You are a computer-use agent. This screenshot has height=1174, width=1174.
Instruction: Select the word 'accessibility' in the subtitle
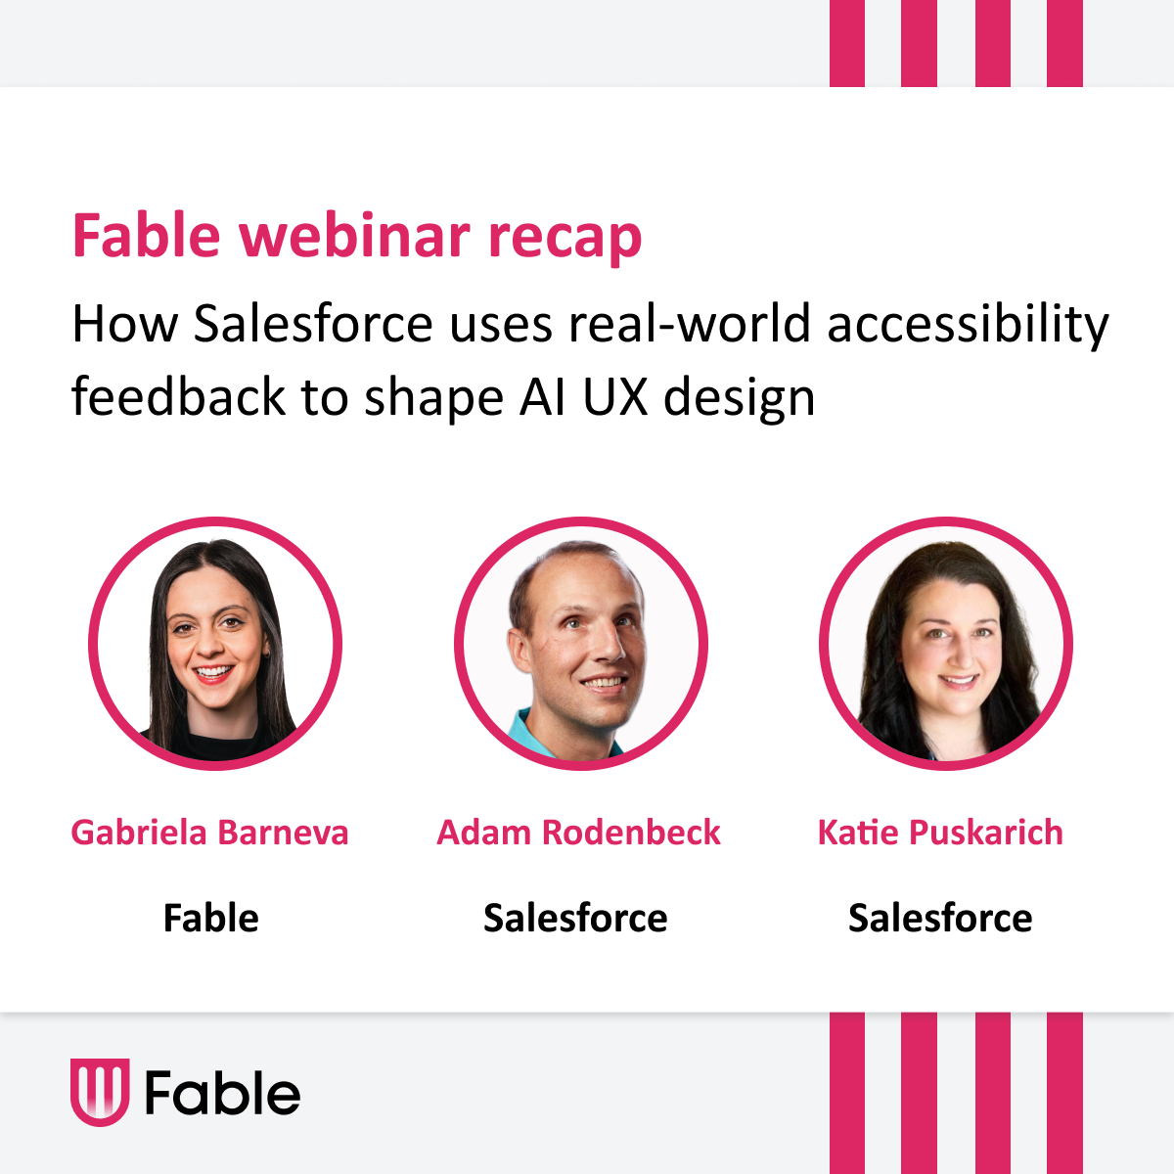coord(968,325)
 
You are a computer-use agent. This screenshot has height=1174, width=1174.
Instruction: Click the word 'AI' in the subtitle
coord(540,397)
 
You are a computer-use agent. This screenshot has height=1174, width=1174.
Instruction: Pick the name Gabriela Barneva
coord(209,833)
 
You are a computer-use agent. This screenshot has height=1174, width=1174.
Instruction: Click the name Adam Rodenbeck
coord(578,833)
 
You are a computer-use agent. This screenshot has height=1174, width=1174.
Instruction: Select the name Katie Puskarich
coord(940,833)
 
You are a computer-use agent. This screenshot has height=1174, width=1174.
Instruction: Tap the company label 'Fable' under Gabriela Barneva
coord(210,919)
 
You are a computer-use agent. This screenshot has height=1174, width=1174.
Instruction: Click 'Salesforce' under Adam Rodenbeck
coord(575,919)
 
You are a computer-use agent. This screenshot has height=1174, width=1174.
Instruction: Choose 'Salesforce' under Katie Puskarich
coord(940,919)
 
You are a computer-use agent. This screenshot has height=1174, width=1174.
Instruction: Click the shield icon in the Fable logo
coord(100,1092)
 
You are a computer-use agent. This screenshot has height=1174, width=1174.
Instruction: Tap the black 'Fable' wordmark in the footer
coord(222,1093)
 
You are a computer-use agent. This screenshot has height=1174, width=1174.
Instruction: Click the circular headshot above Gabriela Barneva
coord(215,644)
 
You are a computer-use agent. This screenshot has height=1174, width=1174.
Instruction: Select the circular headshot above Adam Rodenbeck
coord(580,644)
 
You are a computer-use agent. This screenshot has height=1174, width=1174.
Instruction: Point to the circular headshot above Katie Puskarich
coord(945,644)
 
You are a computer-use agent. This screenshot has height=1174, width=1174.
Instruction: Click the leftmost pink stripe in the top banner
coord(847,43)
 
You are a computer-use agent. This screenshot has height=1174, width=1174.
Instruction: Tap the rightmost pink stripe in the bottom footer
coord(1064,1093)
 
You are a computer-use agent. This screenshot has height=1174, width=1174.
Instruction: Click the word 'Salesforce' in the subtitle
coord(313,325)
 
